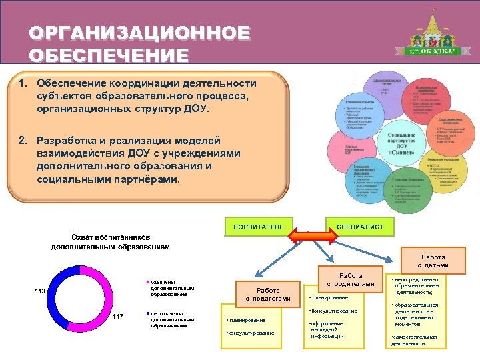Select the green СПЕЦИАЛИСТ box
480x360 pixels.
click(359, 227)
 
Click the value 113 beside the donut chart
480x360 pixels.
click(40, 291)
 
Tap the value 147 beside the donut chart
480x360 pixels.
click(117, 315)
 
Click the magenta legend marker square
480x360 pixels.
click(147, 282)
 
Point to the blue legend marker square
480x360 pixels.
click(147, 313)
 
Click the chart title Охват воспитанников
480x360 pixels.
click(110, 237)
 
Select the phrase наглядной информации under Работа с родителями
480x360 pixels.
click(327, 333)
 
